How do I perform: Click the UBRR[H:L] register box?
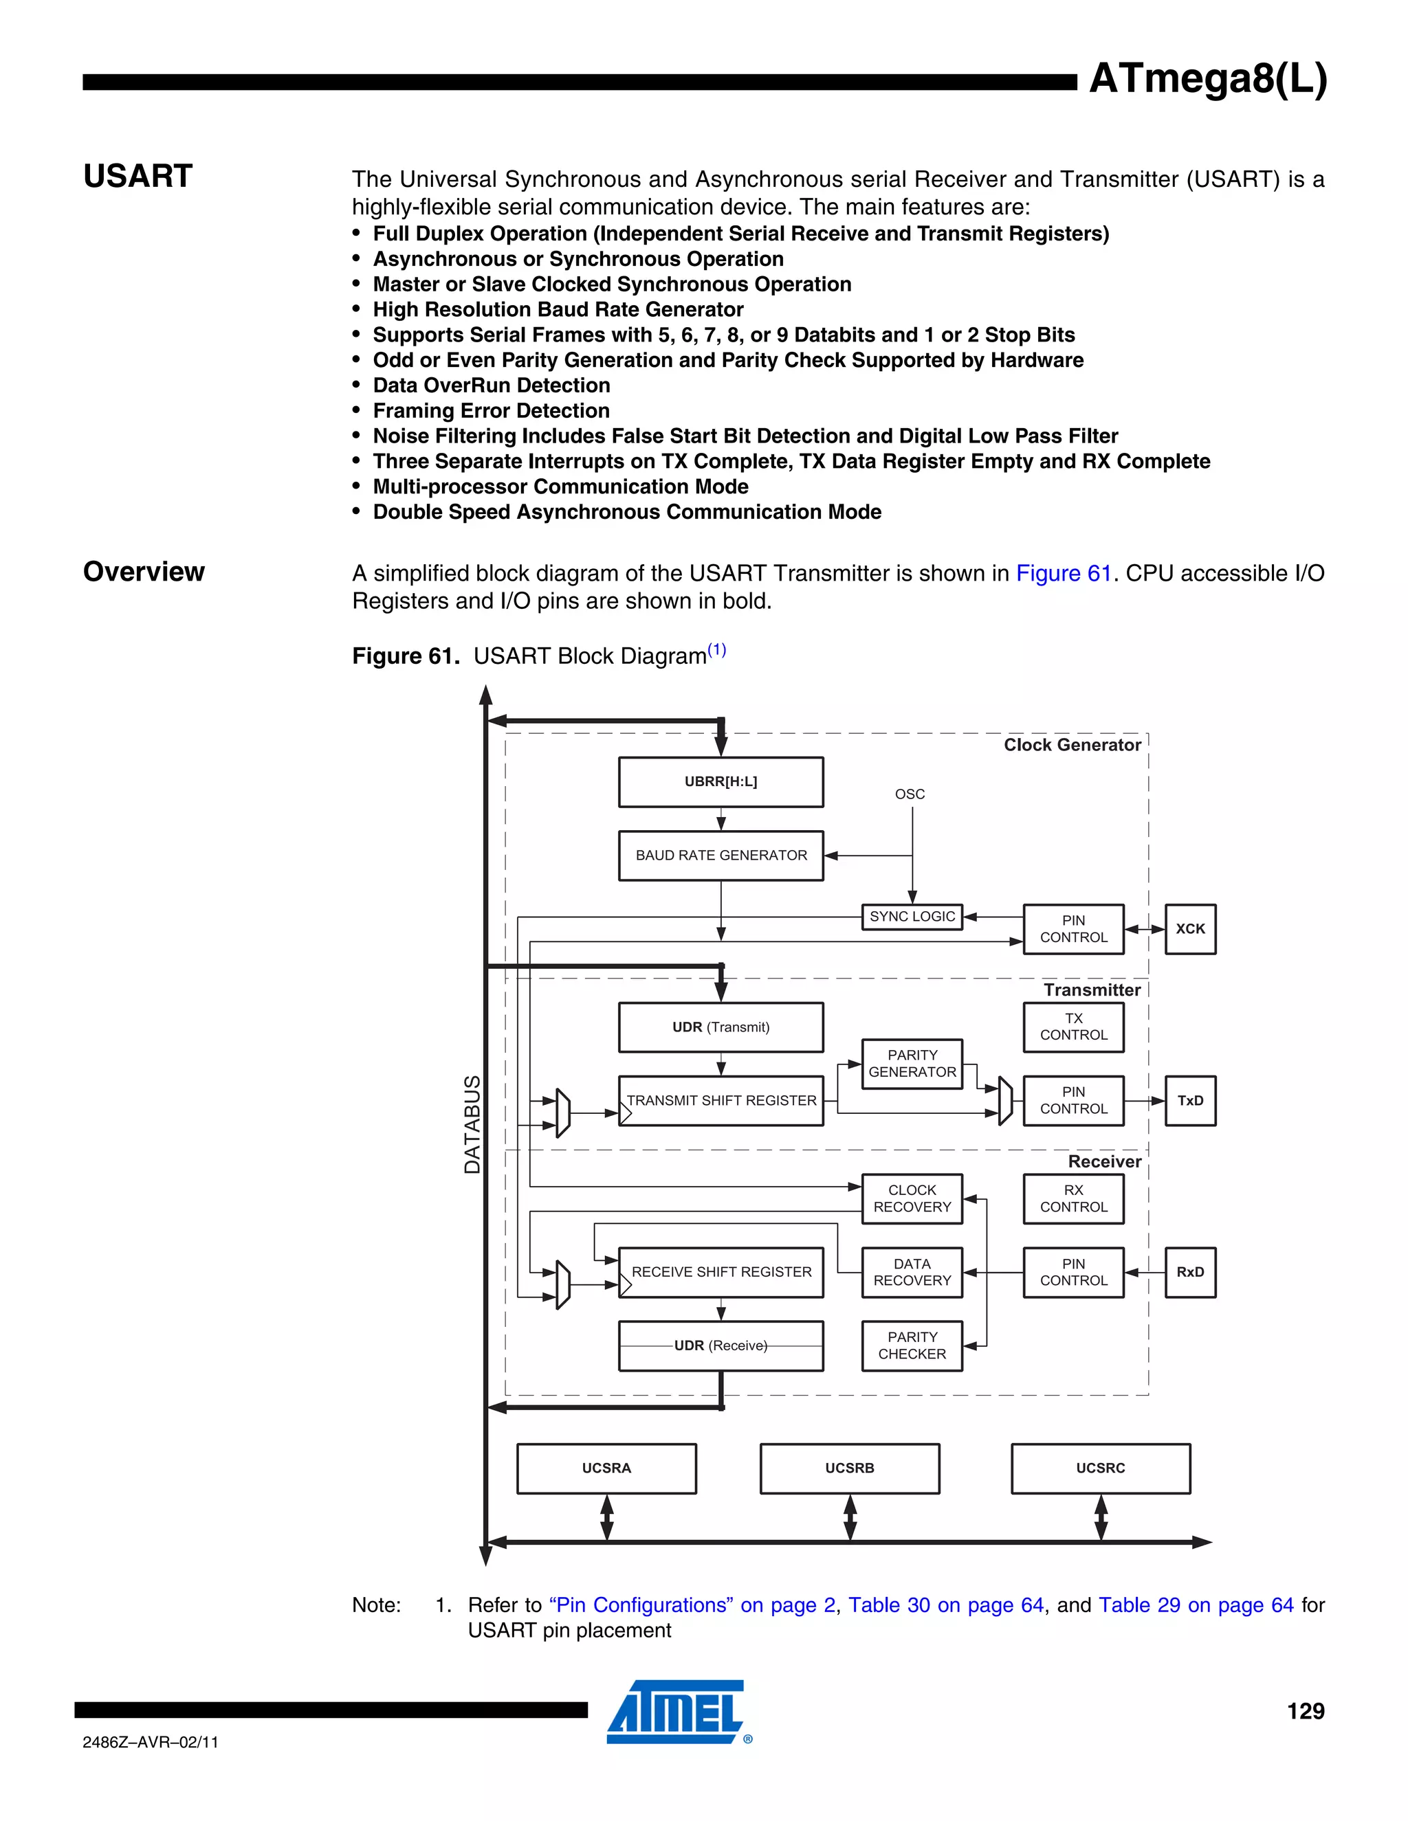[x=720, y=782]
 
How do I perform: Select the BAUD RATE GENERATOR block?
[x=720, y=856]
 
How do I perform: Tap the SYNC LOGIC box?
[x=912, y=916]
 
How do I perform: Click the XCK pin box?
[x=1190, y=929]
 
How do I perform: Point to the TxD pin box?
[x=1190, y=1101]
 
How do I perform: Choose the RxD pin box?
[x=1190, y=1273]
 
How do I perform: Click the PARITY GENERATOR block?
[x=912, y=1064]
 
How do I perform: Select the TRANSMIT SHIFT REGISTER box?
[x=720, y=1101]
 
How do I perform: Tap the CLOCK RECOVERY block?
[x=912, y=1199]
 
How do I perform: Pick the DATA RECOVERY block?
[x=912, y=1273]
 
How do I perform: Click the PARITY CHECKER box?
[x=912, y=1345]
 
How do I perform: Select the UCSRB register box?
[x=849, y=1468]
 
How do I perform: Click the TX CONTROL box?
[x=1073, y=1027]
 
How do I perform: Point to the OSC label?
[x=910, y=794]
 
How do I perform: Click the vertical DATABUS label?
[x=472, y=1124]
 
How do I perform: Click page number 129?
[x=1306, y=1712]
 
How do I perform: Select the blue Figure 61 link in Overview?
[x=1064, y=574]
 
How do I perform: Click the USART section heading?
[x=138, y=177]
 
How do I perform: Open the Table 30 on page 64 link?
[x=946, y=1605]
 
